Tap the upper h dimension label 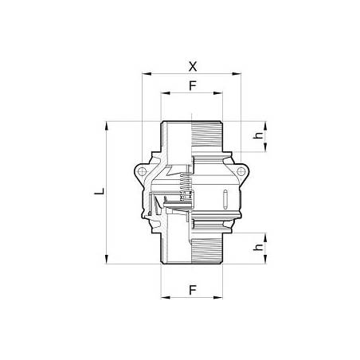[256, 135]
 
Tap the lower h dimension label [256, 248]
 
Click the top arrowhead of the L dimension [106, 124]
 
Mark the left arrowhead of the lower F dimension [164, 298]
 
